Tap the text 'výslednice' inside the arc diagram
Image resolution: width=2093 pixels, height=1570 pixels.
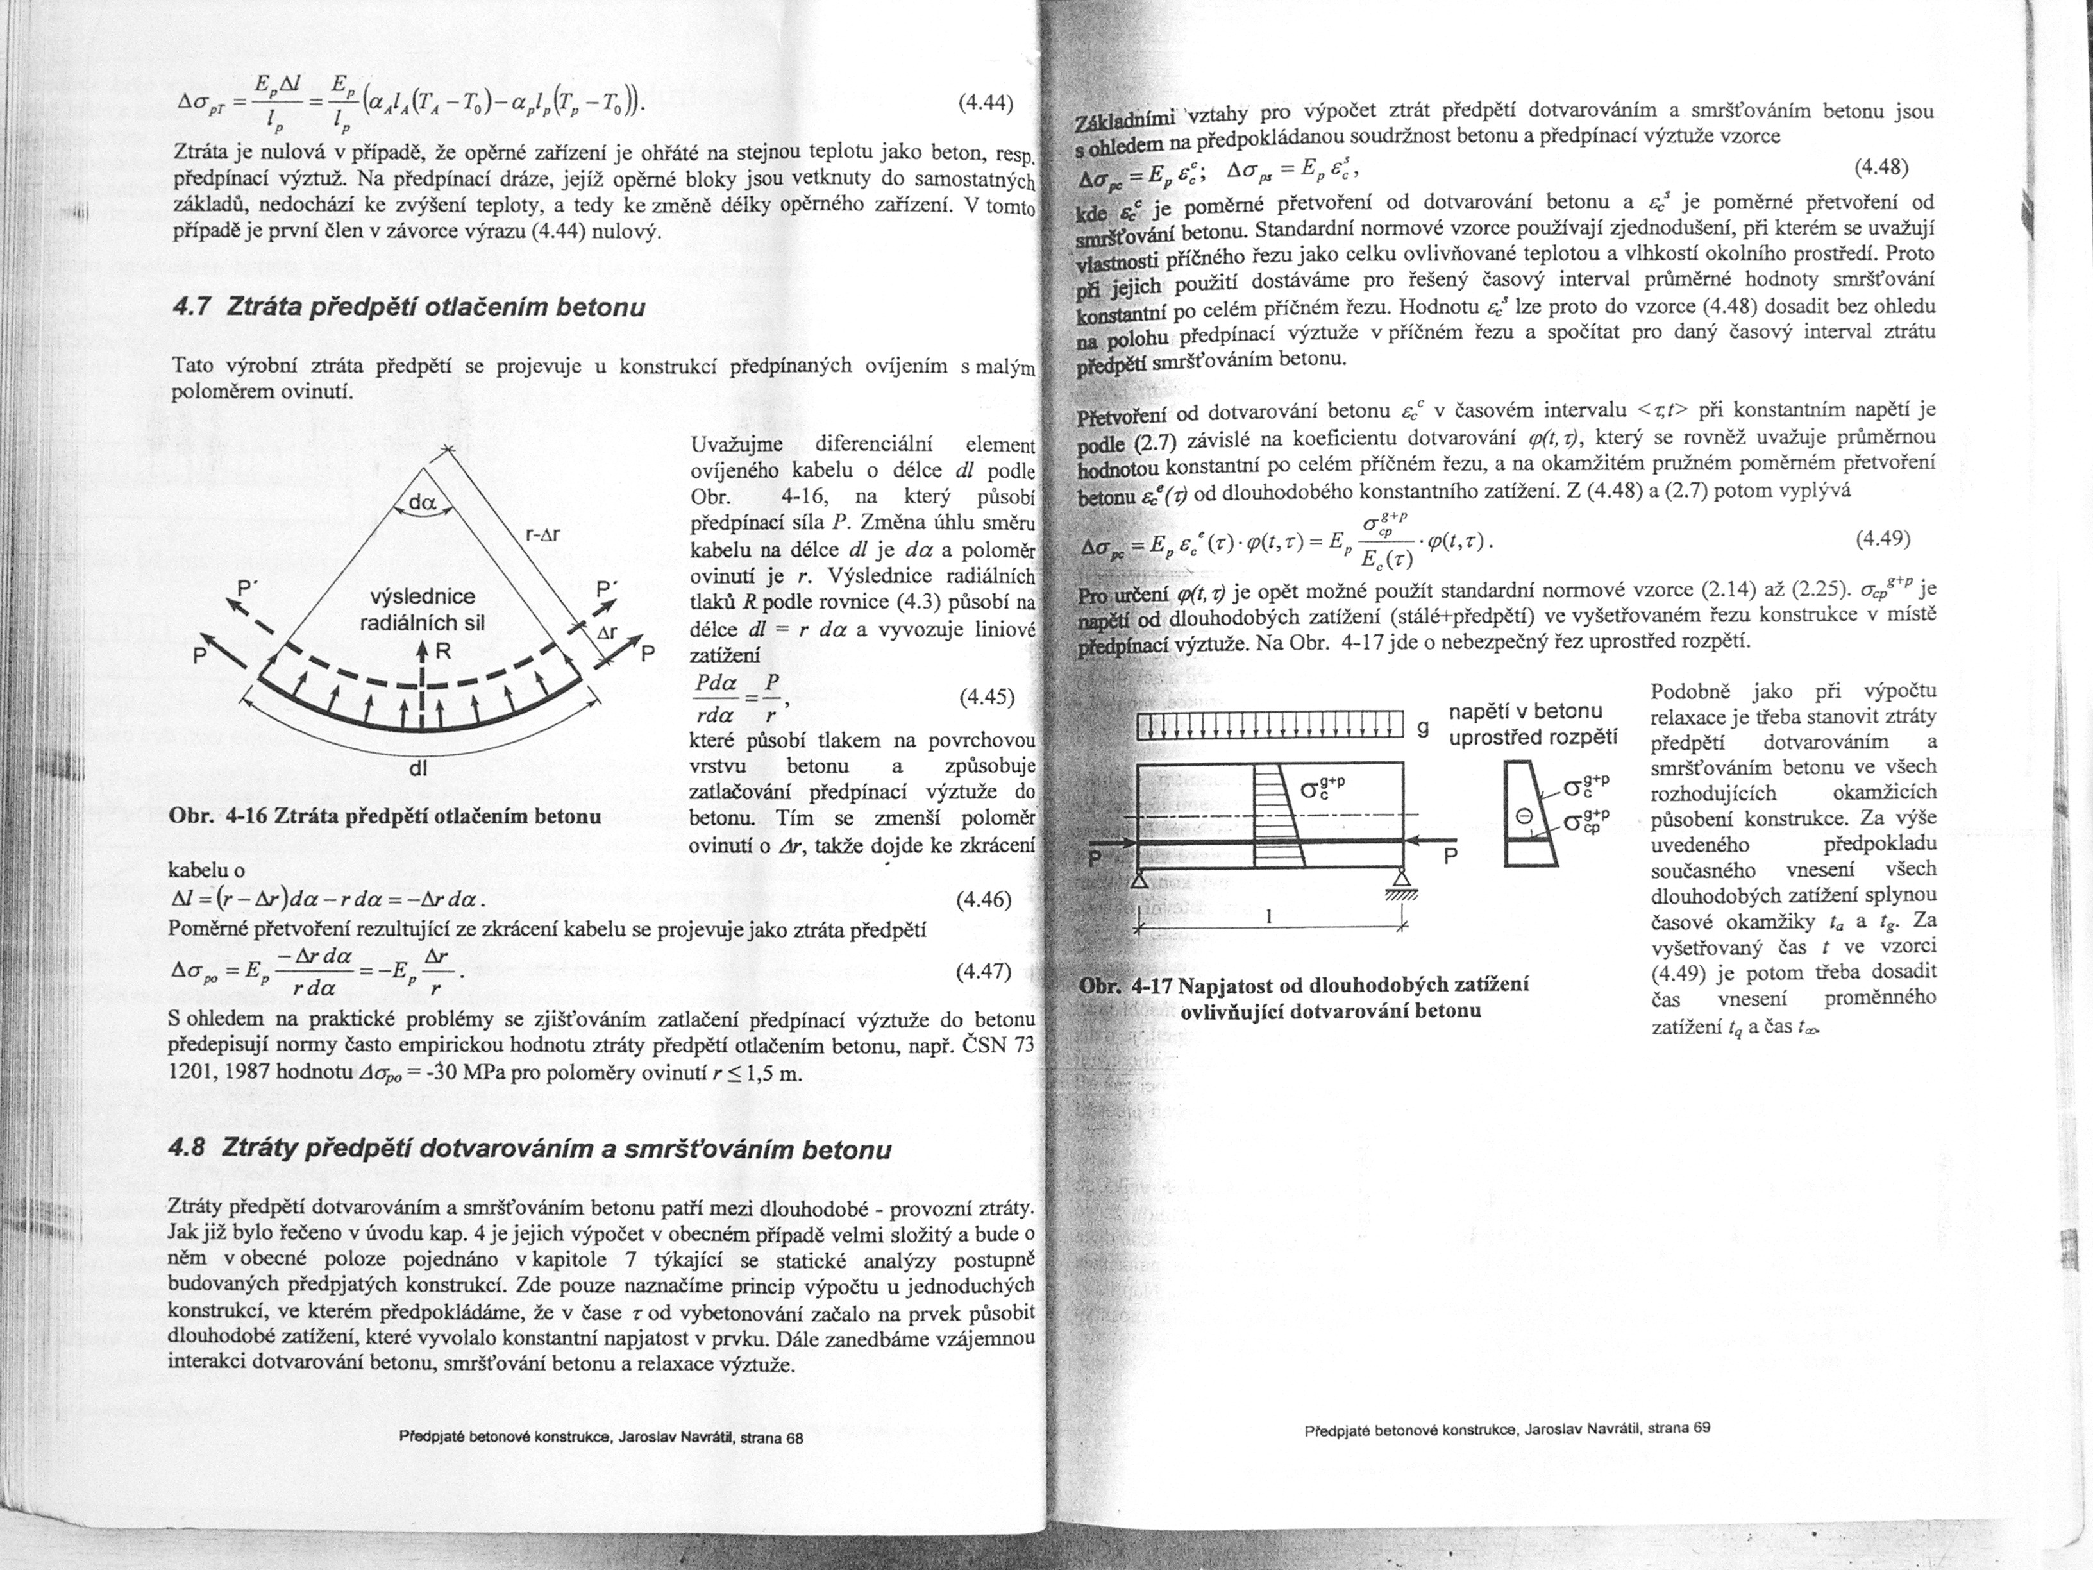point(422,597)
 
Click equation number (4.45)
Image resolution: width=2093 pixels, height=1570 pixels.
point(986,698)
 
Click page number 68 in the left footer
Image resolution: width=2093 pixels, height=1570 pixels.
point(794,1439)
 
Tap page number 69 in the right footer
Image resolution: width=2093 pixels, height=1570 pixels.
point(1701,1428)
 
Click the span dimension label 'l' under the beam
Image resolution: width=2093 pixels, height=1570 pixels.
point(1269,916)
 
